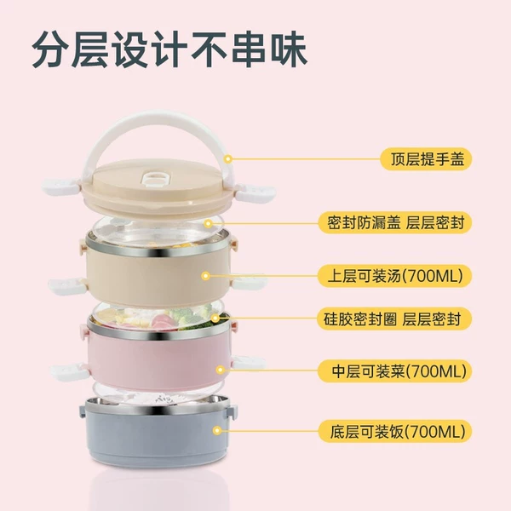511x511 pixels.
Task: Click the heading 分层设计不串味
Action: [169, 49]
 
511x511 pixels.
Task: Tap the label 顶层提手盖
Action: [428, 159]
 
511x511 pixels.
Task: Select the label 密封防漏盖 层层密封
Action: [396, 223]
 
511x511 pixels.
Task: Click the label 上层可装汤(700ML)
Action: [395, 276]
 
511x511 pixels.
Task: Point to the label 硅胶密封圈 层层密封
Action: [393, 319]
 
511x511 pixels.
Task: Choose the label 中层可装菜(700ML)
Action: [399, 370]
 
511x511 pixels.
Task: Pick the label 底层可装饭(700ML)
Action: [398, 432]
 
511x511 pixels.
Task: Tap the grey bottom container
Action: [158, 430]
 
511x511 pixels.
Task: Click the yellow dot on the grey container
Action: [216, 431]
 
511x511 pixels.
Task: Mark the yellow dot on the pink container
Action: [221, 370]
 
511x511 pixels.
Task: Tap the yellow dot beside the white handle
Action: [228, 159]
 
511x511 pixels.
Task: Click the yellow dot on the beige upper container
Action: [205, 276]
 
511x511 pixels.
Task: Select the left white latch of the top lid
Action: [60, 186]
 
